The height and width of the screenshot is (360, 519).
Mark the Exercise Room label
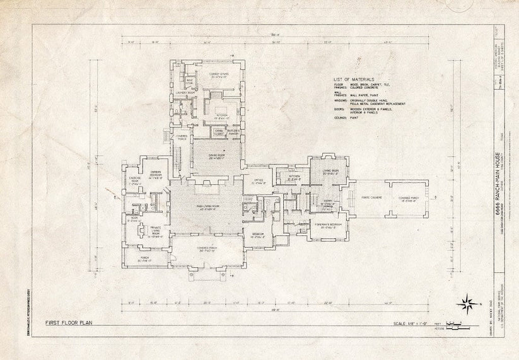coord(137,180)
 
